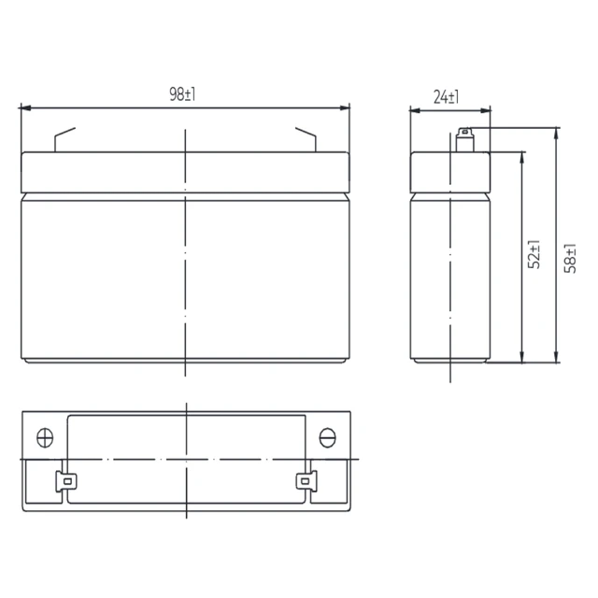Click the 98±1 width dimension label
(x=182, y=94)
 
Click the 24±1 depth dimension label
(x=447, y=97)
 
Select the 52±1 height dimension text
(x=534, y=254)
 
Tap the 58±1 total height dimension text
(x=570, y=258)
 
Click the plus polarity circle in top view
(x=45, y=437)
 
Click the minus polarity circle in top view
(x=327, y=437)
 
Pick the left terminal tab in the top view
(x=66, y=481)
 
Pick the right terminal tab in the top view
(x=306, y=481)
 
